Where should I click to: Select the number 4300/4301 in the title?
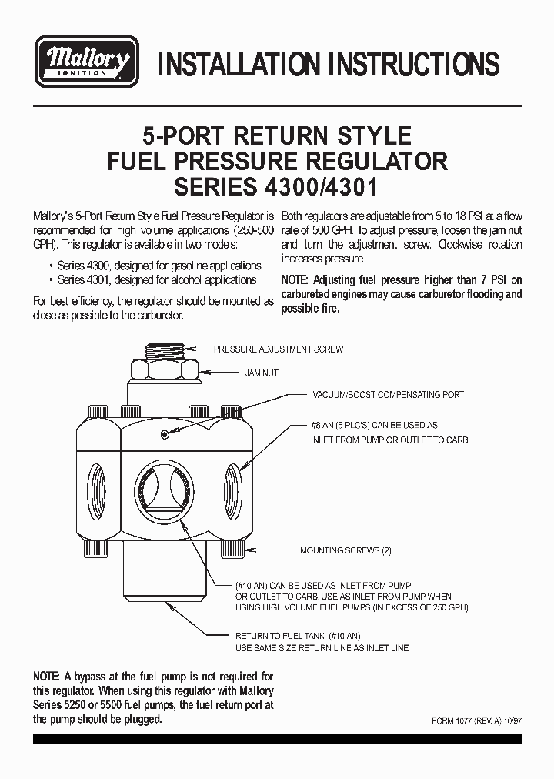(x=319, y=188)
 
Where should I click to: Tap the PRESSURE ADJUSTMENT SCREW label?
(x=278, y=349)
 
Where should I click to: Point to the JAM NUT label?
(x=262, y=373)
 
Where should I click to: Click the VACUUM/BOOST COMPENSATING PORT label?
(x=388, y=395)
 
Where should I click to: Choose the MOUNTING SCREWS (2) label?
(x=345, y=551)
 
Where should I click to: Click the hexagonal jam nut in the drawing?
(x=164, y=373)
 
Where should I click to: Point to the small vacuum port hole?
(x=165, y=435)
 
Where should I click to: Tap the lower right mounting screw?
(x=230, y=549)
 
